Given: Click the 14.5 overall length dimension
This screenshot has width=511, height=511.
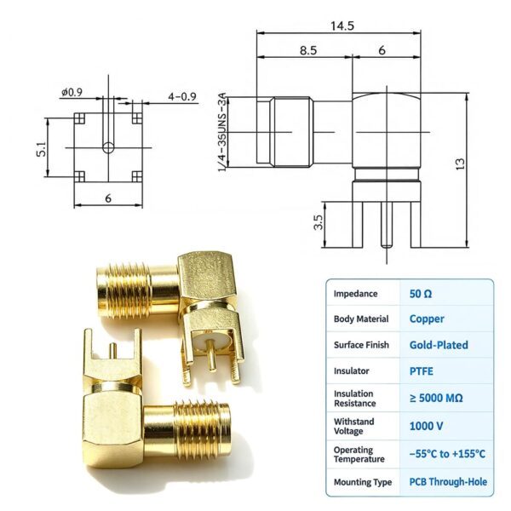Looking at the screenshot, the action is [x=342, y=26].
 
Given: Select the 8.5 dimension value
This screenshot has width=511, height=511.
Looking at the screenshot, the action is [x=308, y=50].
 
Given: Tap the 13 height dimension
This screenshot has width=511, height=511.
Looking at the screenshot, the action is [x=460, y=164].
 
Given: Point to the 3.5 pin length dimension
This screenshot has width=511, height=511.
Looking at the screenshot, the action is [x=319, y=222].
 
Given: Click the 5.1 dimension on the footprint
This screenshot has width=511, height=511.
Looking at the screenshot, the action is [x=42, y=149].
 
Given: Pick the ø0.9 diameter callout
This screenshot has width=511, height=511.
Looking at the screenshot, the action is [x=72, y=93].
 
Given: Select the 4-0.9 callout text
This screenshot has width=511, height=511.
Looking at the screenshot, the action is [x=182, y=97].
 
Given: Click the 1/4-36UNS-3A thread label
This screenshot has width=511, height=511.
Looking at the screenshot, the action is [x=221, y=132].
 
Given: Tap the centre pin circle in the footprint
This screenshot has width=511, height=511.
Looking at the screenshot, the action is [x=108, y=147].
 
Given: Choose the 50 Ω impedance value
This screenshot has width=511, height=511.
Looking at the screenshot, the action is [x=421, y=294].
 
